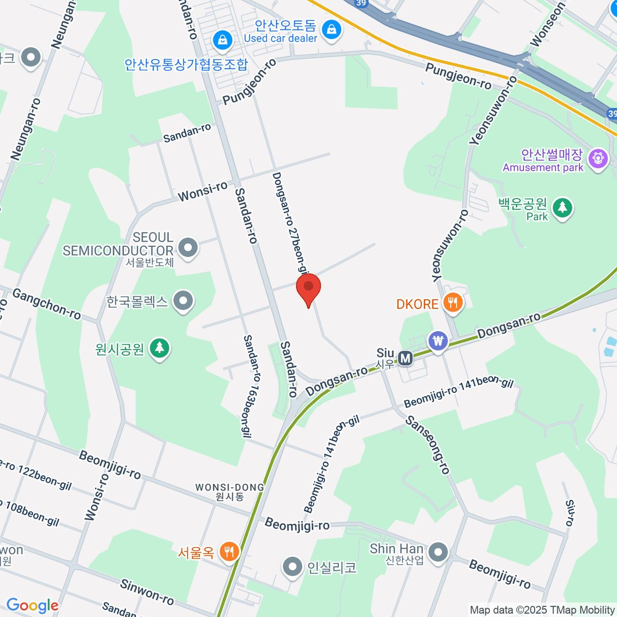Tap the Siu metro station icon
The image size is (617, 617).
[x=406, y=358]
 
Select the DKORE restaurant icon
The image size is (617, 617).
[x=452, y=303]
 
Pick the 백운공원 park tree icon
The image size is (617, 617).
[x=562, y=208]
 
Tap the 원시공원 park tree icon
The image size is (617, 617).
[x=159, y=348]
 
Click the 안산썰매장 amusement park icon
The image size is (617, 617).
[x=598, y=158]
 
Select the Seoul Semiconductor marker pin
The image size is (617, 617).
[x=188, y=248]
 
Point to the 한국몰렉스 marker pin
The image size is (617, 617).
[x=183, y=300]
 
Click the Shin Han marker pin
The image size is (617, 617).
[x=438, y=552]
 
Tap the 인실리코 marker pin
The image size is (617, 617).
[x=293, y=567]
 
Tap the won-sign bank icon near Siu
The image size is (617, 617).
[x=438, y=340]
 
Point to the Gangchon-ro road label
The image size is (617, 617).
[x=47, y=303]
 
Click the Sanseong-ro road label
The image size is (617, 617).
[x=428, y=445]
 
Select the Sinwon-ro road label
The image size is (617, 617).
[x=147, y=592]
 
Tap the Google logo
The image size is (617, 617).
[x=32, y=606]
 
